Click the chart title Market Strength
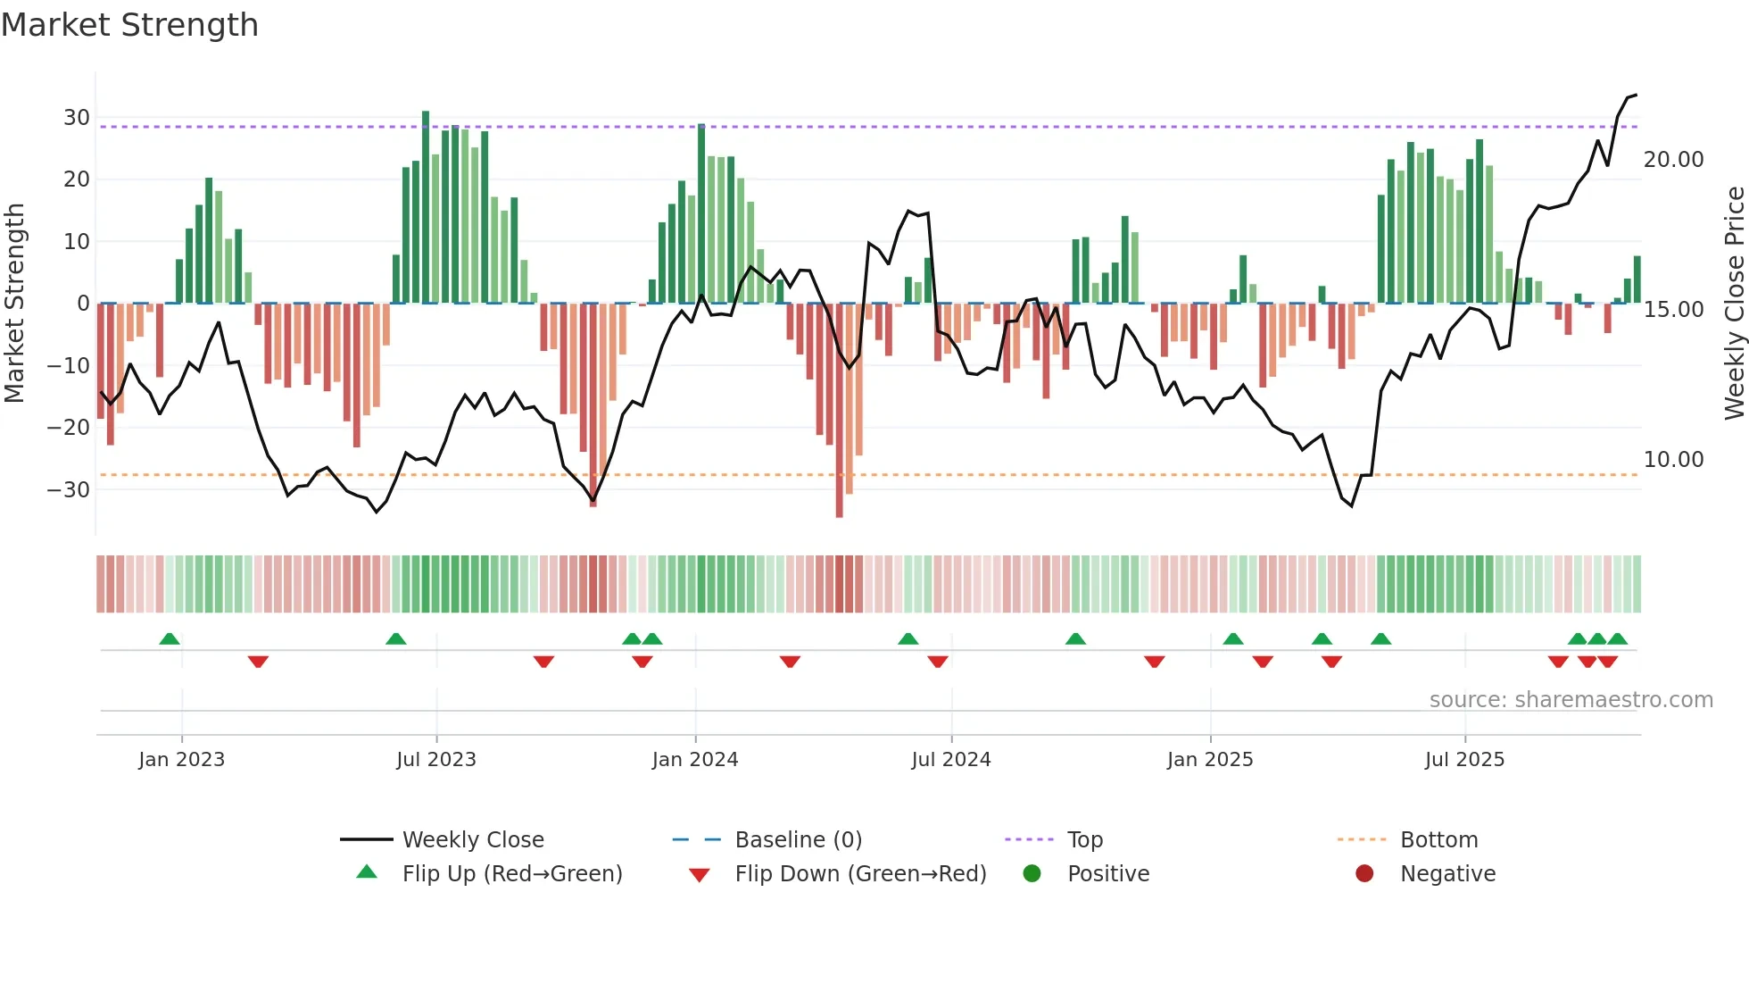coord(129,25)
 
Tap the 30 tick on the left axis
coord(76,118)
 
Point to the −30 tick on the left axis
coord(69,490)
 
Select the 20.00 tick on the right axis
coord(1673,160)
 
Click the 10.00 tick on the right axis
coord(1673,460)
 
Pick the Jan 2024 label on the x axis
coord(695,760)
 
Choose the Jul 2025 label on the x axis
coord(1464,760)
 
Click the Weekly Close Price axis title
coord(1734,304)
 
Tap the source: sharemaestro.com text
coord(1571,700)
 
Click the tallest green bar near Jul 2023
coord(426,205)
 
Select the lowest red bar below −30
coord(839,411)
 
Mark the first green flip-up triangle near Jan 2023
coord(170,638)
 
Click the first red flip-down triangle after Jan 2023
coord(258,662)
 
